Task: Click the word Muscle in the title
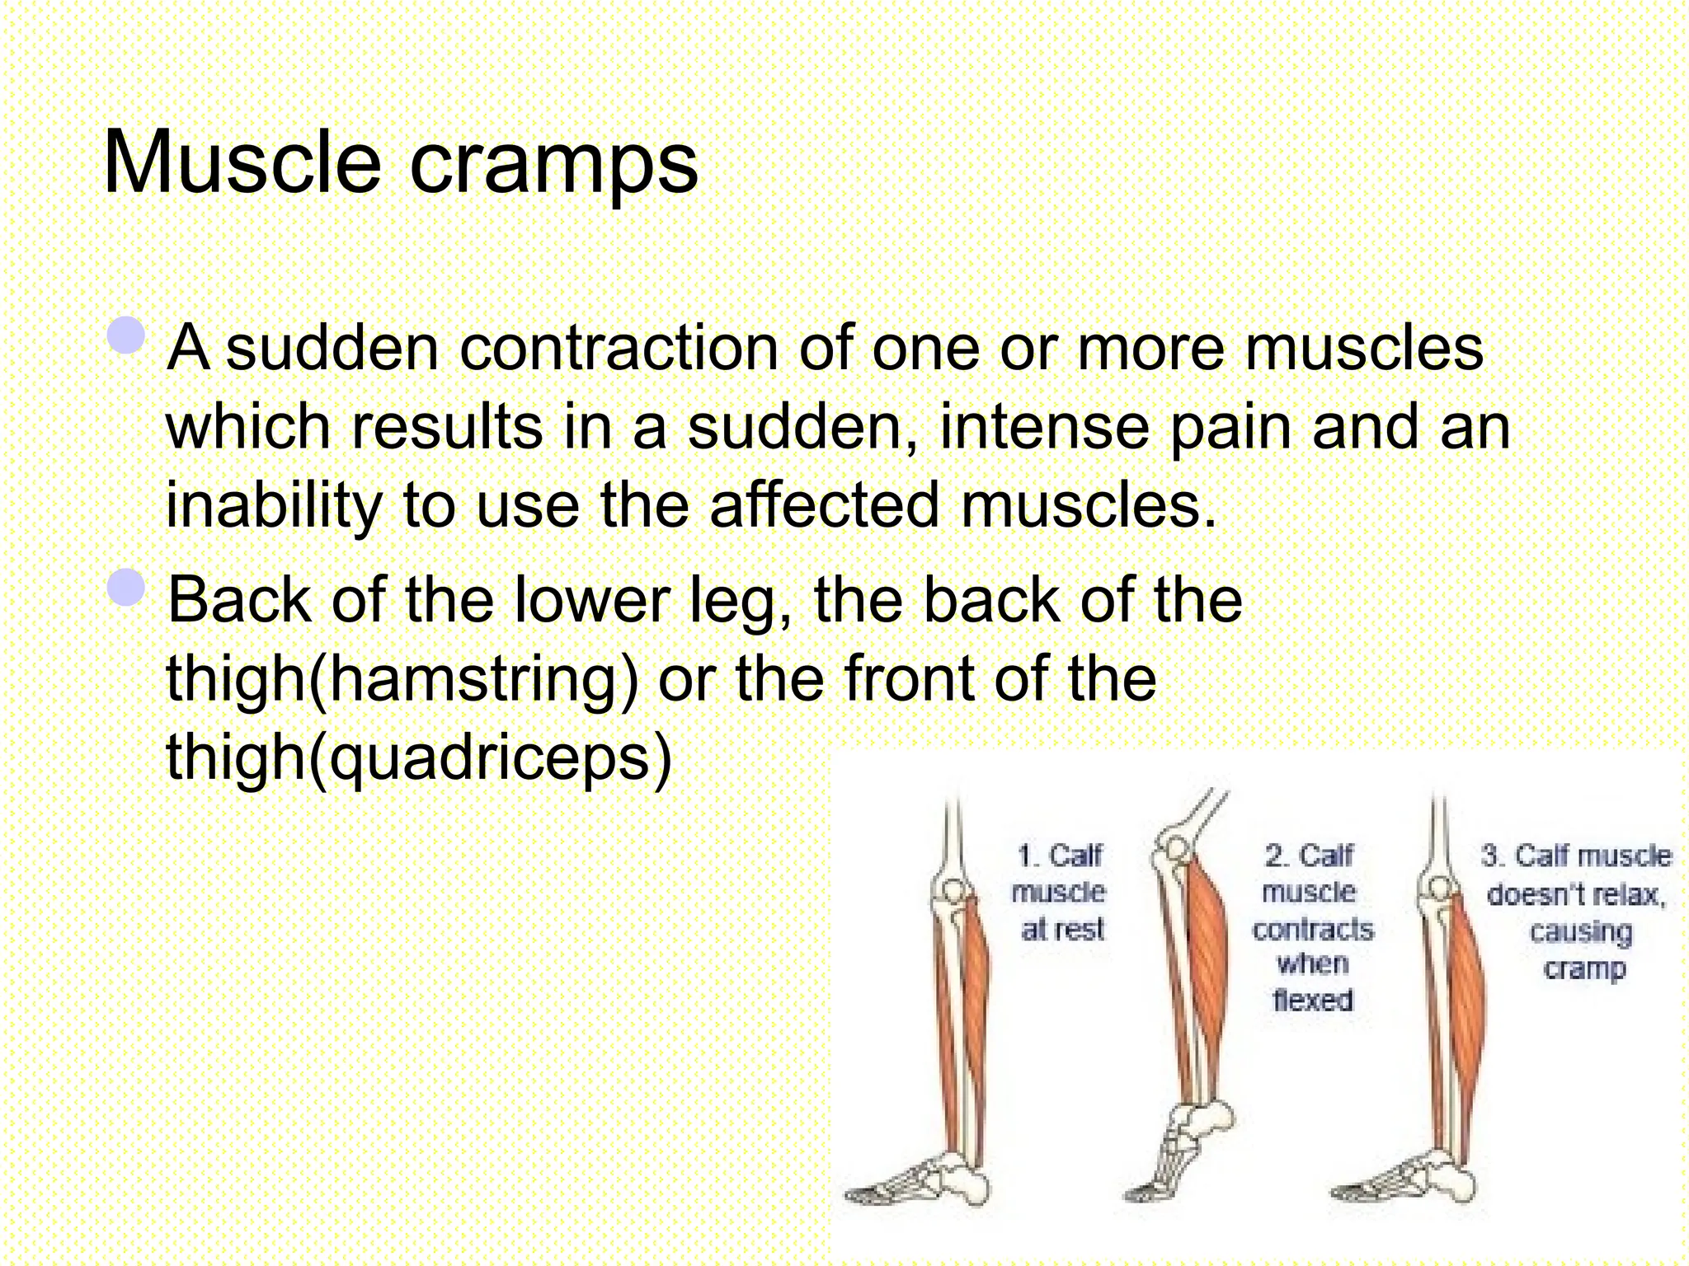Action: (x=242, y=162)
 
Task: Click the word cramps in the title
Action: (x=553, y=165)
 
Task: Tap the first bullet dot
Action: (x=126, y=335)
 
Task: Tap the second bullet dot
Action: (x=126, y=588)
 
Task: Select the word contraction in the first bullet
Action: (x=619, y=348)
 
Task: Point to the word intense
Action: (x=1043, y=427)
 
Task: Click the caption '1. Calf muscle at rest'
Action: (x=1061, y=893)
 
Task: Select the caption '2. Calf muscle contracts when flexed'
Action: (x=1311, y=927)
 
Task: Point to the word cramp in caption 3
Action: (x=1583, y=968)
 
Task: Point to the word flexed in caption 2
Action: (x=1312, y=1000)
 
